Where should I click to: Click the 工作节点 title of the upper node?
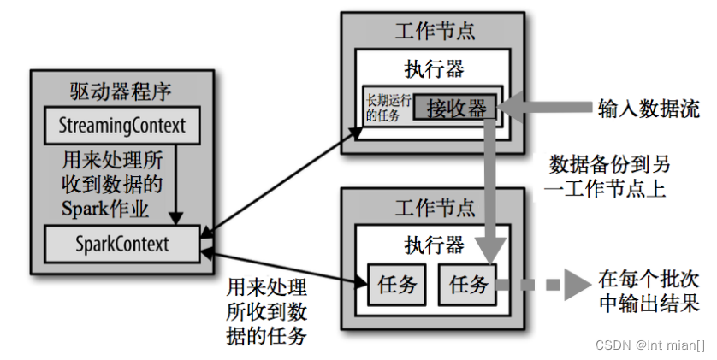pyautogui.click(x=435, y=32)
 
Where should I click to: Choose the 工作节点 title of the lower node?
pyautogui.click(x=435, y=208)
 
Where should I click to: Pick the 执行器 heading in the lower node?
pyautogui.click(x=435, y=245)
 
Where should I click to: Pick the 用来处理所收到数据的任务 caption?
pyautogui.click(x=265, y=310)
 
